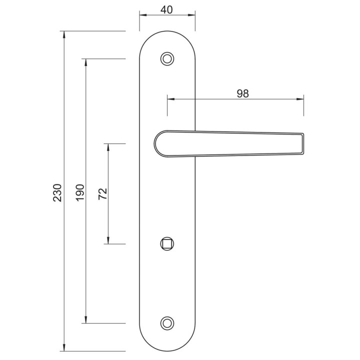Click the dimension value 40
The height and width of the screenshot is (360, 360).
click(166, 10)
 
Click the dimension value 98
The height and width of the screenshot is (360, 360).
click(242, 93)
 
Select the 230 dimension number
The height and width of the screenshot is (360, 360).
click(57, 193)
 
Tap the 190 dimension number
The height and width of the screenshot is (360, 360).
click(80, 192)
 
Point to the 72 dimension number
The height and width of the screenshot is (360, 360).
click(102, 194)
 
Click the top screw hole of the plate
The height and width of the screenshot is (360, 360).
click(167, 59)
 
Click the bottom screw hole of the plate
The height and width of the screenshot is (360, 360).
click(167, 323)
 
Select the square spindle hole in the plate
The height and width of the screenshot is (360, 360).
click(167, 244)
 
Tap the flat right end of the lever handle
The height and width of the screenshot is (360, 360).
click(303, 143)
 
